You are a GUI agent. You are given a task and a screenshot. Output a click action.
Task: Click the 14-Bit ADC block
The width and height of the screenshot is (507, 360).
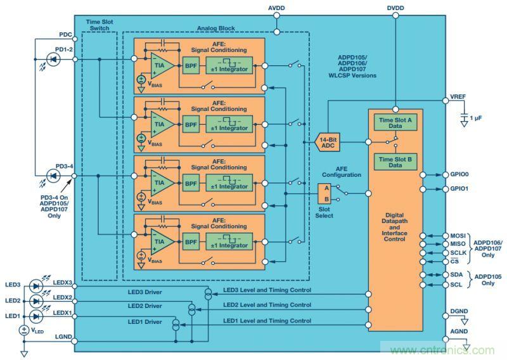pos(328,143)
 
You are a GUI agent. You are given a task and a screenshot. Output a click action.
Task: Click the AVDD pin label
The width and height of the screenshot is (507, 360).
pos(277,8)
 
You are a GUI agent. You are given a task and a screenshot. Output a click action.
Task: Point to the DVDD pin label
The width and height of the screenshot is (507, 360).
pos(395,8)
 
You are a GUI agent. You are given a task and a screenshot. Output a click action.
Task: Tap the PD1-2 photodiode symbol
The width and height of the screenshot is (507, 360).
pos(53,60)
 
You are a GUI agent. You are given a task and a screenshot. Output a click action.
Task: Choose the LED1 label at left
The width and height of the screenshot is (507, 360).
pos(13,315)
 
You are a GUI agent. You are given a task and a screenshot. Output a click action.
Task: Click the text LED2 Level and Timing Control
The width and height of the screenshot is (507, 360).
pos(267,305)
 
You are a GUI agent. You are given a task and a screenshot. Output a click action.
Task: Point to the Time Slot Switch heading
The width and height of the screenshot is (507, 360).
pos(99,27)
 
